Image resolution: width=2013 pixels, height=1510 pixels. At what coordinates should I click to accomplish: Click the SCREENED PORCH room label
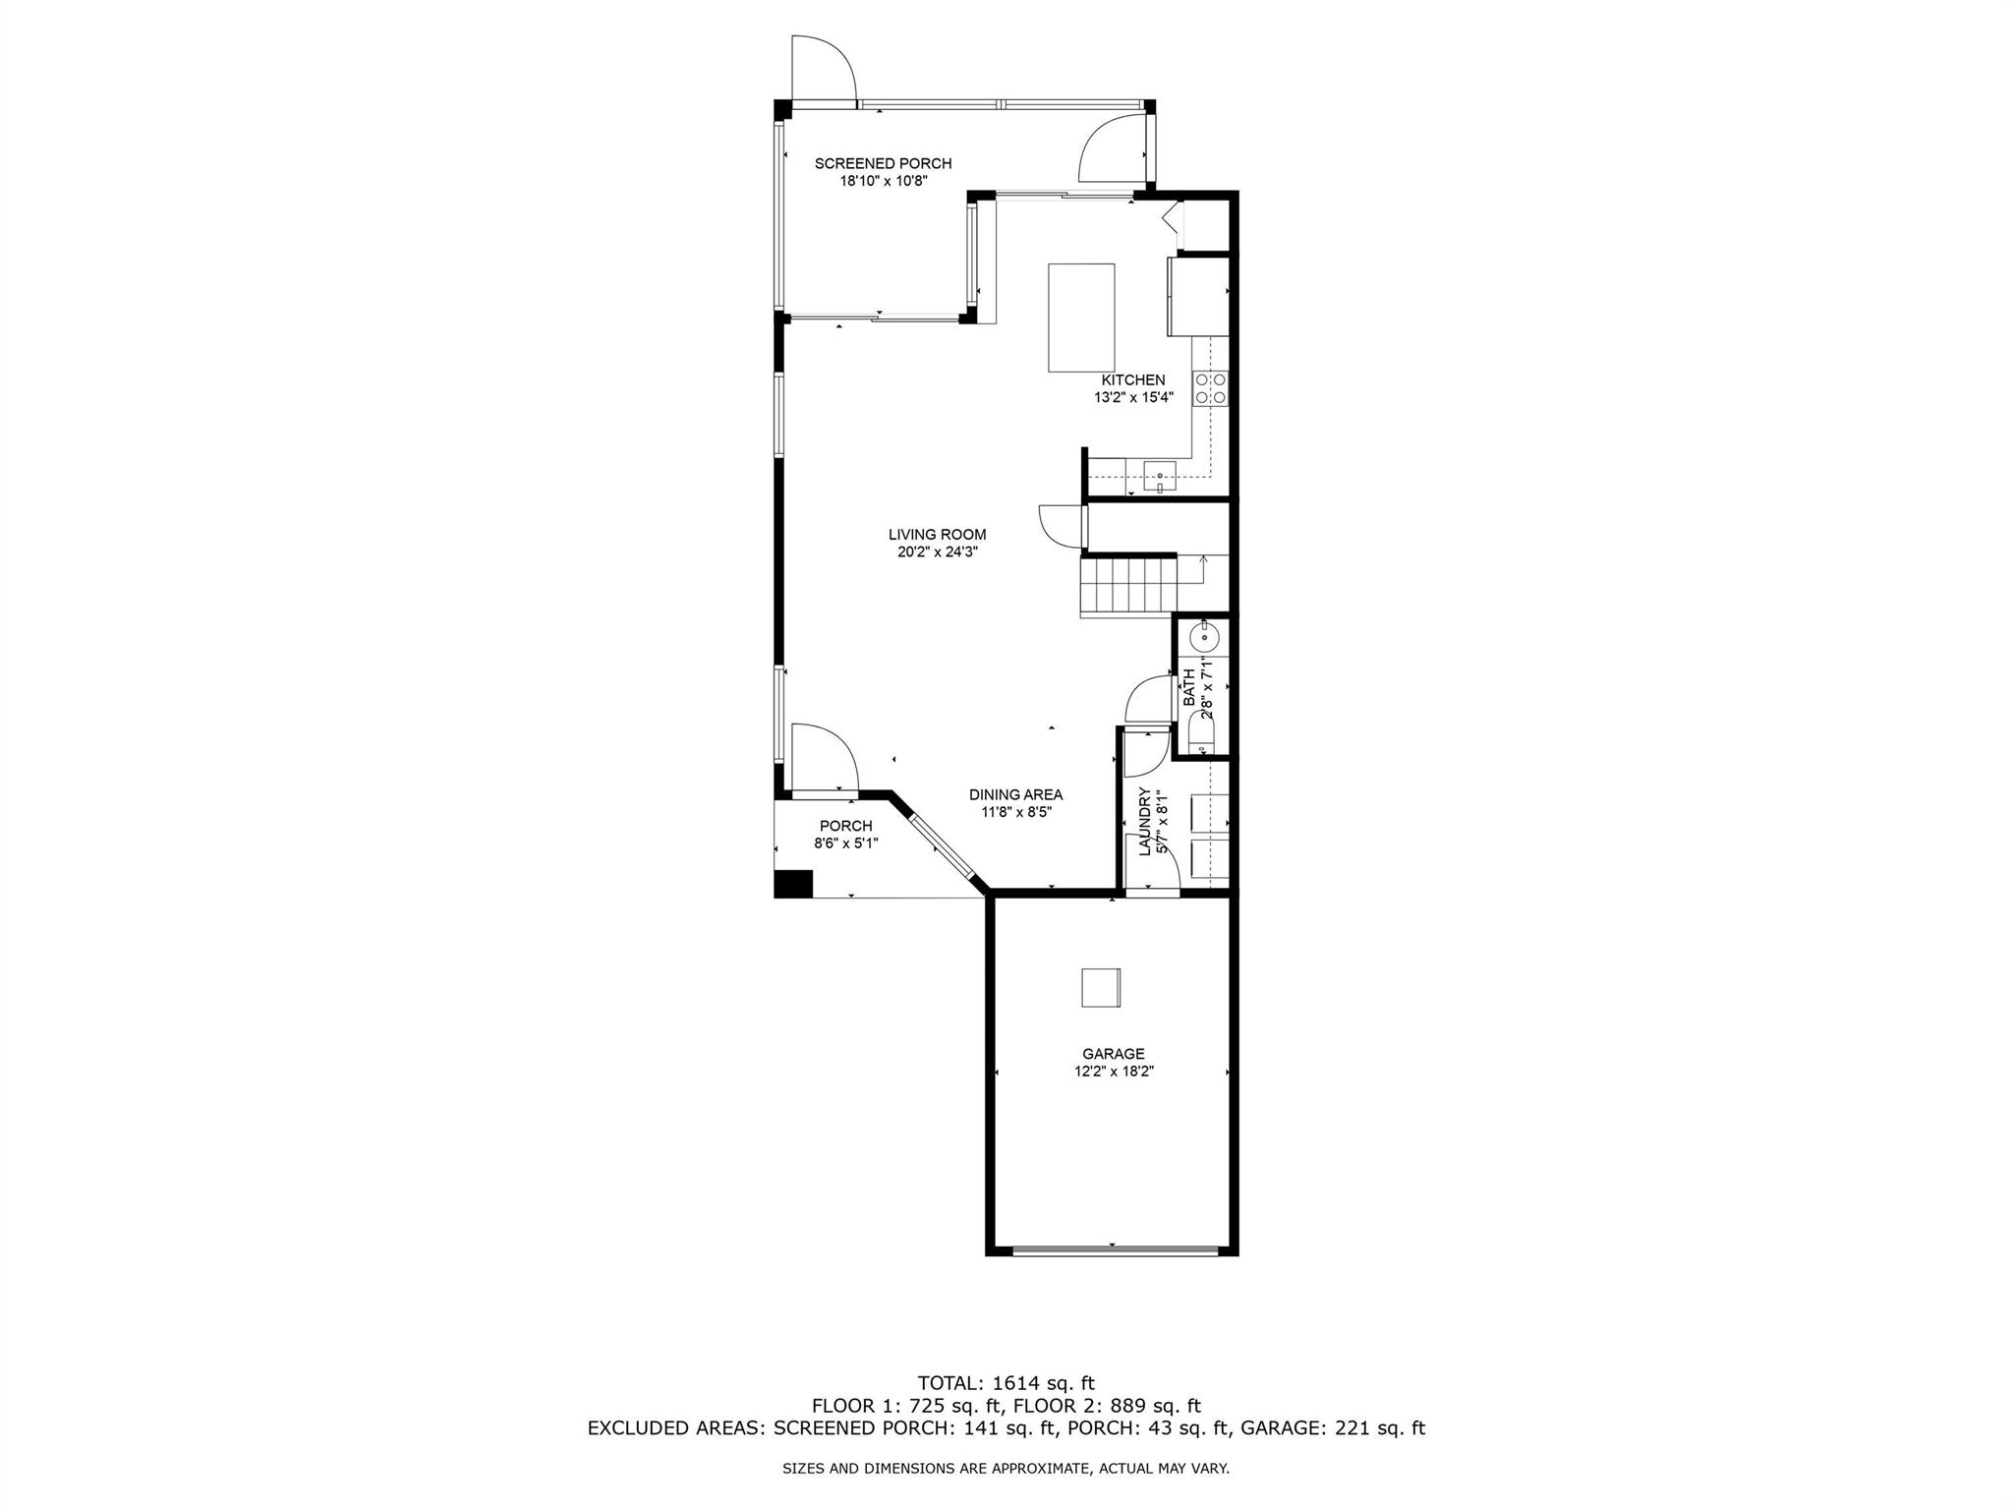coord(883,163)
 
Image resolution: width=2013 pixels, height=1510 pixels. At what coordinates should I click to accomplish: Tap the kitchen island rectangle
coord(1081,318)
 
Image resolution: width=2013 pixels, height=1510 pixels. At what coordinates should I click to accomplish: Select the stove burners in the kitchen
coord(1210,387)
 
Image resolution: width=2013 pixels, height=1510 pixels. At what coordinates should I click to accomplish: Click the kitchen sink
coord(1160,477)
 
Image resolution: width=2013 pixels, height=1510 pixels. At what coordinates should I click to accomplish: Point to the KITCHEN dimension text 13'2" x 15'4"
coord(1133,398)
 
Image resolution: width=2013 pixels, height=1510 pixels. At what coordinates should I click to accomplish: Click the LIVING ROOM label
coord(937,535)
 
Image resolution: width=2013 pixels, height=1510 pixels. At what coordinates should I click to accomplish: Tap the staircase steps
coord(1128,585)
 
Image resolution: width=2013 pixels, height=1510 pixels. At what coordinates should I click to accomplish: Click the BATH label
coord(1189,687)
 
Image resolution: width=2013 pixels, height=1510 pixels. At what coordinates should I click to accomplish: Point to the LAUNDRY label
coord(1144,822)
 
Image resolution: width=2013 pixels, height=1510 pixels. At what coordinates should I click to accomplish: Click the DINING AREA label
coord(1015,794)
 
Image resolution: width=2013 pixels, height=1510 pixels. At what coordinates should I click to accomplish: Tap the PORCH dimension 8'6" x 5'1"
coord(845,842)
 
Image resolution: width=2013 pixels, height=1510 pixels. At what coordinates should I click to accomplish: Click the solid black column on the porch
coord(793,884)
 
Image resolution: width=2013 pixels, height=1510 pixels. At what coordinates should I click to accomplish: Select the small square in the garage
coord(1101,987)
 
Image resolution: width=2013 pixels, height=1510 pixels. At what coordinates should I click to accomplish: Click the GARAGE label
coord(1114,1054)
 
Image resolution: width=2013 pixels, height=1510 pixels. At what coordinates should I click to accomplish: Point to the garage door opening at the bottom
coord(1115,1250)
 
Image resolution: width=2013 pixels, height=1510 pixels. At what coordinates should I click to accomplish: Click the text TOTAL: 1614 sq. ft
coord(1006,1383)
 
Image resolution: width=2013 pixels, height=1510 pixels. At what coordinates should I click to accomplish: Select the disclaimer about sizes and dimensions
coord(1006,1469)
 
